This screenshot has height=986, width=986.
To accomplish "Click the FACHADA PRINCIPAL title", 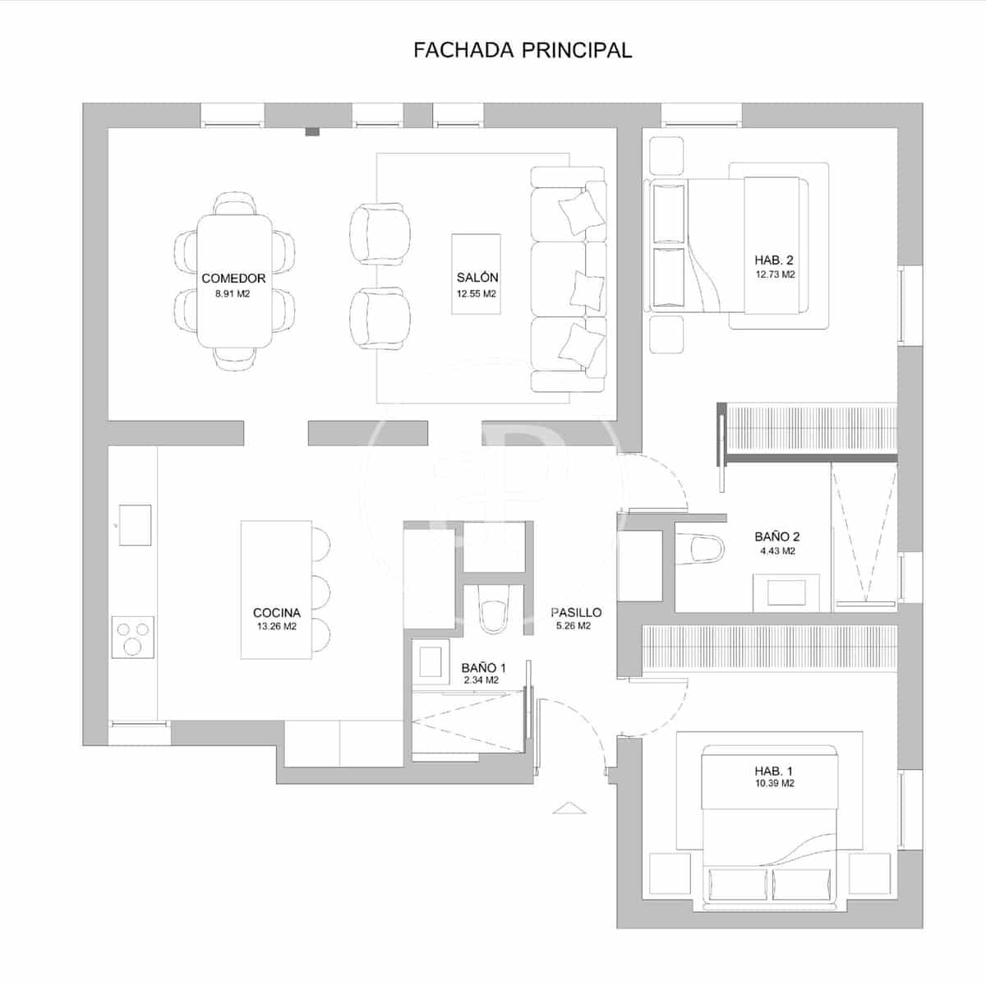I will [523, 50].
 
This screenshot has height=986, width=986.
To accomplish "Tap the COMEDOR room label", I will [233, 279].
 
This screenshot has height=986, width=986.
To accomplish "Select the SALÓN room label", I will [477, 278].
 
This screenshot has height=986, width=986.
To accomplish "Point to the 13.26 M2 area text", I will [276, 626].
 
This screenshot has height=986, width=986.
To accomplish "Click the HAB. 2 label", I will [774, 260].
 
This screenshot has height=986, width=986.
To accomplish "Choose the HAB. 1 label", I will [774, 771].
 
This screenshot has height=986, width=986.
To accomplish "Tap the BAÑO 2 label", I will [776, 537].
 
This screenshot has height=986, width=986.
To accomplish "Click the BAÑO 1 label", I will [483, 668].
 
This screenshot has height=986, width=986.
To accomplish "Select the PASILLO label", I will [576, 612].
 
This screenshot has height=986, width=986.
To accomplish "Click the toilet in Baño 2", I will [700, 548].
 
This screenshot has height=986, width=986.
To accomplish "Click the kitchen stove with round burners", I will [133, 637].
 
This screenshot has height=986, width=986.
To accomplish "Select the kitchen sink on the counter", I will [135, 524].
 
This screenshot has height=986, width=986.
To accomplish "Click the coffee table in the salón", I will [477, 274].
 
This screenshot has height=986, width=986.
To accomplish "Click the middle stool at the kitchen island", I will [320, 589].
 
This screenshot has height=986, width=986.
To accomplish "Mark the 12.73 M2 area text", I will [775, 274].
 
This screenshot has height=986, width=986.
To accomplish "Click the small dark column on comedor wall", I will [311, 131].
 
